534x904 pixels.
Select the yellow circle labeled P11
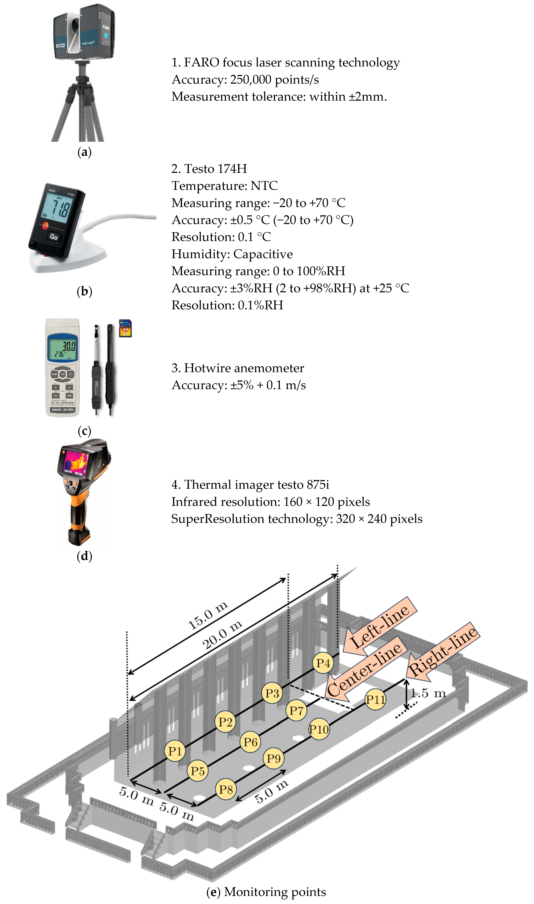pos(375,700)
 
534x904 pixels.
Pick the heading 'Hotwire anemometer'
pos(244,368)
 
